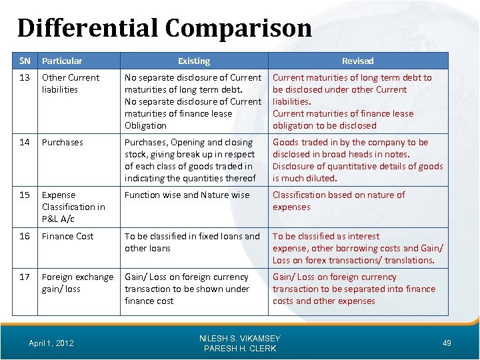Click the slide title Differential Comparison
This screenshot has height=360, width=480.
[164, 28]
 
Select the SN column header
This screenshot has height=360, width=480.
[24, 61]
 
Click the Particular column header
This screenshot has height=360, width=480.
[62, 61]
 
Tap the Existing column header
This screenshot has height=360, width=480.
[194, 61]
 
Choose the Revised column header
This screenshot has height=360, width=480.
[358, 61]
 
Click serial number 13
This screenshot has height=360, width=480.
[24, 77]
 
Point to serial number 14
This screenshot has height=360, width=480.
[24, 142]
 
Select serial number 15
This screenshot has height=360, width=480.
[24, 195]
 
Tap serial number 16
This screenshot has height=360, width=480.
[24, 236]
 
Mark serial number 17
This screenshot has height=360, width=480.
[24, 277]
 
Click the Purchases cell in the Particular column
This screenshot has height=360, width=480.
[63, 142]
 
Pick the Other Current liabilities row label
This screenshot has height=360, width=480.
[70, 83]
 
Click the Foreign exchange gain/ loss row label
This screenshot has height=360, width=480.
[77, 283]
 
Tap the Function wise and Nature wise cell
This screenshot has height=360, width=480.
[187, 195]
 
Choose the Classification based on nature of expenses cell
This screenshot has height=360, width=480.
[339, 201]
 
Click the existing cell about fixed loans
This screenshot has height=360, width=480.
[192, 242]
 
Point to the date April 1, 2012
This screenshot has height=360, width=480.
[52, 343]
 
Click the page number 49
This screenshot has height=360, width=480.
[447, 343]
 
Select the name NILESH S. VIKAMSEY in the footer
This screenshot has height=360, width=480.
[240, 339]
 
